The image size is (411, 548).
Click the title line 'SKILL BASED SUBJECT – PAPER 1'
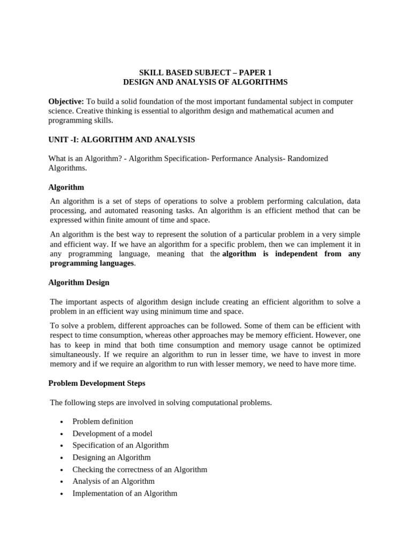(x=205, y=72)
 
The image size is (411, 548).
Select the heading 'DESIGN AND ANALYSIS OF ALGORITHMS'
(x=205, y=82)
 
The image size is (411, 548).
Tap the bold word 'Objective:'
(x=66, y=101)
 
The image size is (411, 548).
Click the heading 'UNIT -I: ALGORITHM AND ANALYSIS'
(x=121, y=140)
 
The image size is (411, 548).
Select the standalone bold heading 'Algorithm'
(x=66, y=187)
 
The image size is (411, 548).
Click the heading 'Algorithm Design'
(x=79, y=282)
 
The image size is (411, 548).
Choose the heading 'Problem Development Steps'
(x=97, y=383)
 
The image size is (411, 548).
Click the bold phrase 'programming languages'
(x=92, y=263)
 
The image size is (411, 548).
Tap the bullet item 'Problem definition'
(x=103, y=421)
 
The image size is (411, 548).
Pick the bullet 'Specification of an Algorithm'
(x=120, y=445)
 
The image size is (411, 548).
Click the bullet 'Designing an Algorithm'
(x=111, y=458)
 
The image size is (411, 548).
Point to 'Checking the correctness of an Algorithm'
(x=140, y=469)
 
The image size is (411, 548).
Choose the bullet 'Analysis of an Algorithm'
(x=113, y=481)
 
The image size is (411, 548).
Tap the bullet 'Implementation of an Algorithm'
(x=125, y=493)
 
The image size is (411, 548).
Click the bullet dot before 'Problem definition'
(x=62, y=422)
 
